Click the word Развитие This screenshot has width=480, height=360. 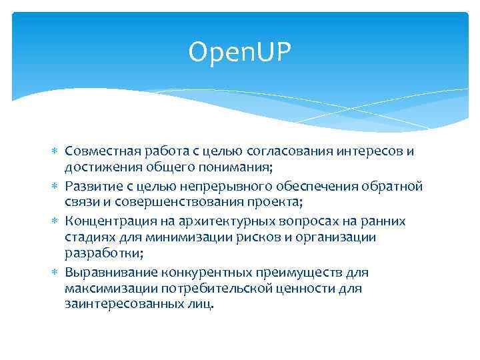click(x=91, y=186)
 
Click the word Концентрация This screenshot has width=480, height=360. click(x=107, y=221)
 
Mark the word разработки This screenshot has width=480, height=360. click(x=99, y=253)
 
